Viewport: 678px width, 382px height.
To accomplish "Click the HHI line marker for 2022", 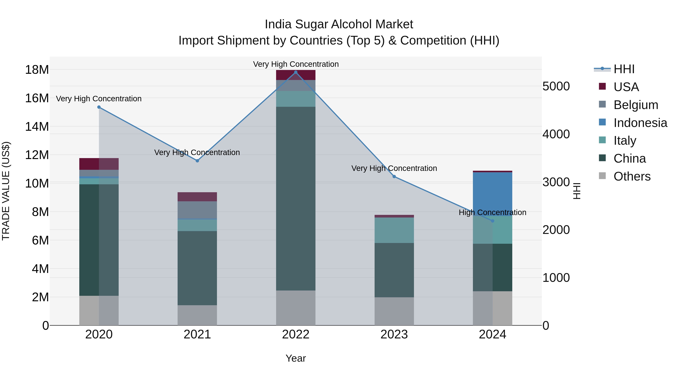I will pyautogui.click(x=295, y=72).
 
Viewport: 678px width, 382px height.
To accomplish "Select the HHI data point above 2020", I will pyautogui.click(x=99, y=107).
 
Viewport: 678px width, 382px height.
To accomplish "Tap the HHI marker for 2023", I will pyautogui.click(x=394, y=177).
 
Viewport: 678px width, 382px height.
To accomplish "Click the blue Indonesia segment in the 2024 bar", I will pyautogui.click(x=492, y=194).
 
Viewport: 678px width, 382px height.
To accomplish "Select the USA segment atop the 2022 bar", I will pyautogui.click(x=295, y=75).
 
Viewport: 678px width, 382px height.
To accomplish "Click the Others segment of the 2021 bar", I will pyautogui.click(x=197, y=315).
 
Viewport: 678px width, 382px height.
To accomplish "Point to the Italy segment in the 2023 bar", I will pyautogui.click(x=394, y=230).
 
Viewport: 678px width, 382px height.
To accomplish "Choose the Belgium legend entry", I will pyautogui.click(x=636, y=105).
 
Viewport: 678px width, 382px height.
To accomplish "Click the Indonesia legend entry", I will pyautogui.click(x=640, y=123).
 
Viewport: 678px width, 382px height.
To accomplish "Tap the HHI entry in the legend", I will pyautogui.click(x=624, y=69).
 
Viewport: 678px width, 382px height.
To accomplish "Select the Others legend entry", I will pyautogui.click(x=632, y=176).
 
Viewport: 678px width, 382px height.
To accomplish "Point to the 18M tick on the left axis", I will pyautogui.click(x=37, y=70).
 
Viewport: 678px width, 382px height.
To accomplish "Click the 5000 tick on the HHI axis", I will pyautogui.click(x=556, y=86).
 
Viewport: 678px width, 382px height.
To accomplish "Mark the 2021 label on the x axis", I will pyautogui.click(x=197, y=334).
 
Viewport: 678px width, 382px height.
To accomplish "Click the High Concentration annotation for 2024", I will pyautogui.click(x=492, y=212).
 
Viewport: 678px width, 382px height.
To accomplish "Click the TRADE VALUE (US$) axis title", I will pyautogui.click(x=6, y=191).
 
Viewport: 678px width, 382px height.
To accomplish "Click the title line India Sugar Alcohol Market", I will pyautogui.click(x=339, y=24).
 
